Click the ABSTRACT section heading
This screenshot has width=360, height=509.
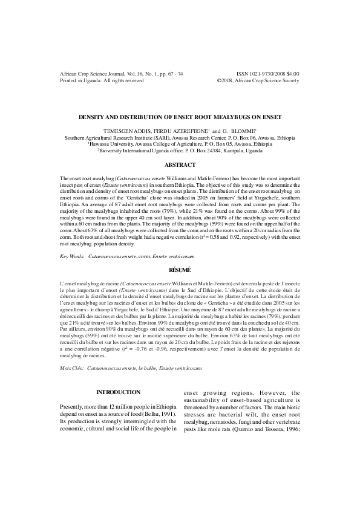(x=180, y=164)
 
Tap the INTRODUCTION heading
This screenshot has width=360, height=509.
(x=118, y=392)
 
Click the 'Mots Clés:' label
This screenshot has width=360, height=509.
(x=73, y=367)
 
